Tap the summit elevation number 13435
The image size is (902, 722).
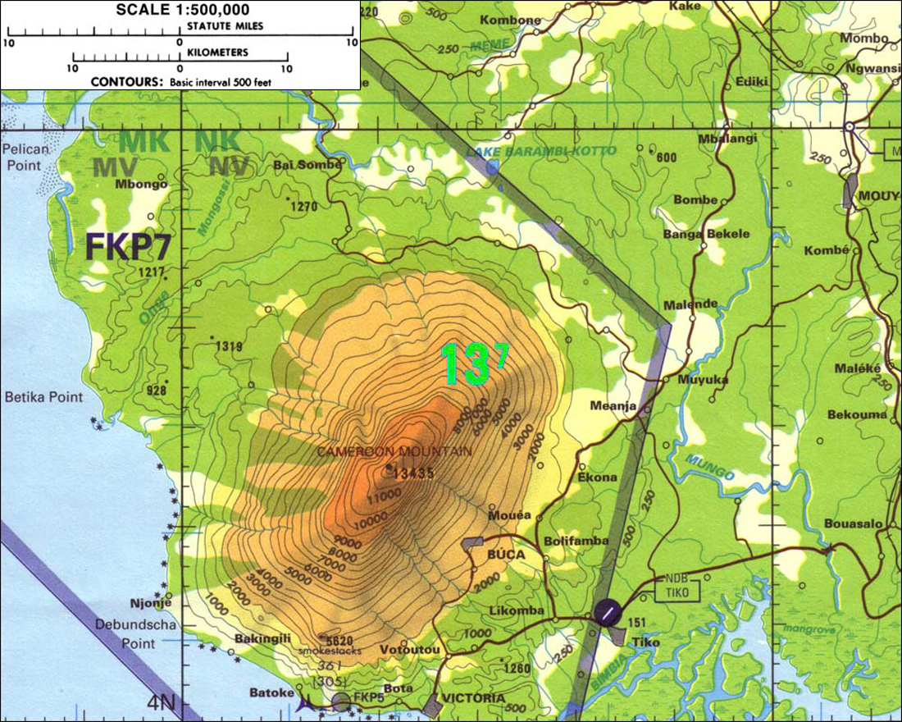[x=413, y=472]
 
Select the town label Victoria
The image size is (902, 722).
[x=472, y=699]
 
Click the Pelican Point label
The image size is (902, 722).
[x=25, y=157]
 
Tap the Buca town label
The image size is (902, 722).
[x=506, y=555]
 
